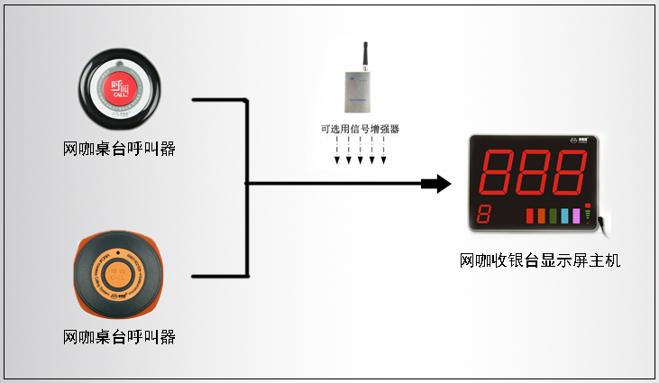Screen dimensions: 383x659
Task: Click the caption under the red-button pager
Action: click(x=119, y=148)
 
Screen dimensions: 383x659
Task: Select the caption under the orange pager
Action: click(x=119, y=337)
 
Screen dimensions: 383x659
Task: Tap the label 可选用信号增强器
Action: click(x=360, y=130)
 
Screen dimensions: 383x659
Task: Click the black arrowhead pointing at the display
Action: click(x=438, y=184)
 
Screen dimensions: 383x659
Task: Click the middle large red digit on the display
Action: click(x=537, y=172)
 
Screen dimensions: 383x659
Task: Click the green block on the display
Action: click(x=553, y=216)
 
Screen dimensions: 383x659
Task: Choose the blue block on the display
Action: click(x=564, y=216)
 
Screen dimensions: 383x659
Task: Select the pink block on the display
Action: click(x=576, y=216)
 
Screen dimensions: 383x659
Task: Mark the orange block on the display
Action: click(x=541, y=216)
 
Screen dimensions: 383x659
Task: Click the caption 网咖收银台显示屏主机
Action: click(x=540, y=261)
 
